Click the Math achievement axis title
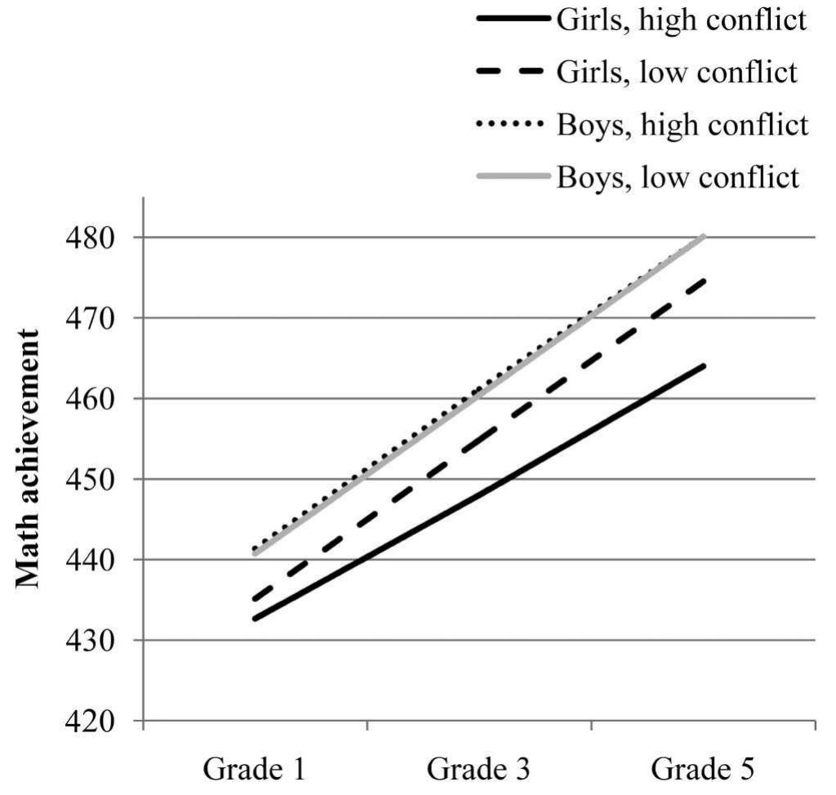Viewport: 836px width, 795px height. pyautogui.click(x=30, y=458)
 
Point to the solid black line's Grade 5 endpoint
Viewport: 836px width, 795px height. pyautogui.click(x=704, y=365)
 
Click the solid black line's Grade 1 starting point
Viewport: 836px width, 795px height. pyautogui.click(x=256, y=619)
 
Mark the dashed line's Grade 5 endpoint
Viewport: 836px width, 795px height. pyautogui.click(x=704, y=279)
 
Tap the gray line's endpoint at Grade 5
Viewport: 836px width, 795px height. pyautogui.click(x=704, y=237)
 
